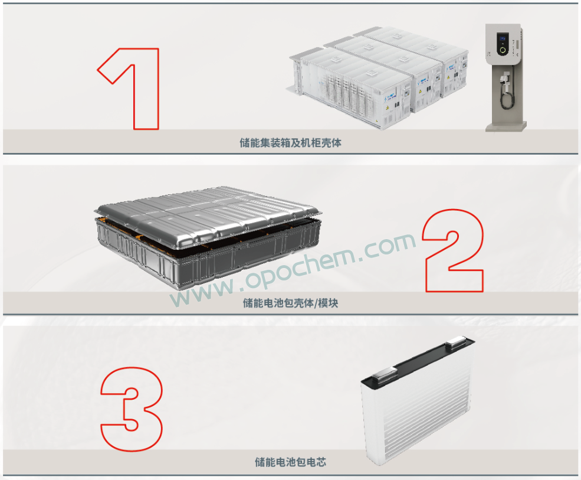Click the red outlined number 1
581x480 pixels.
(146, 89)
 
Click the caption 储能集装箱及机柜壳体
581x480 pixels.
(290, 143)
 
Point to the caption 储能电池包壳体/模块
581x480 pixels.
(290, 303)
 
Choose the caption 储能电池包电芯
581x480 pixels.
(290, 462)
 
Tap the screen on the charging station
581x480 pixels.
(503, 38)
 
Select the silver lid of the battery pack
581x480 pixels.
(208, 215)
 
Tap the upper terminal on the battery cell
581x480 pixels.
(456, 342)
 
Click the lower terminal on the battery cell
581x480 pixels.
(385, 374)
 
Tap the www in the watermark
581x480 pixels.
(202, 293)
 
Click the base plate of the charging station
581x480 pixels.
(506, 126)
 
